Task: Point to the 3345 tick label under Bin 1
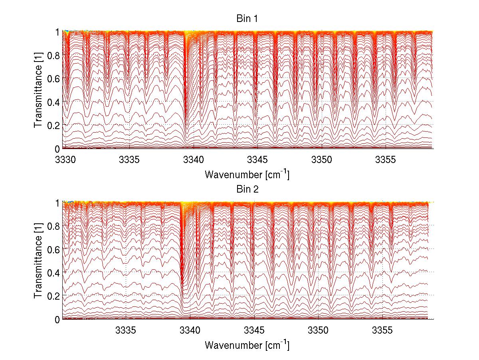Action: coord(257,160)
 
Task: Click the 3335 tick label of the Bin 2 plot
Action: coord(126,331)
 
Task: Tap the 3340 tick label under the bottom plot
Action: coord(190,331)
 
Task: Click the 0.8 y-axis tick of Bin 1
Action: coord(53,55)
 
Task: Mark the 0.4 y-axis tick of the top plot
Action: coord(53,102)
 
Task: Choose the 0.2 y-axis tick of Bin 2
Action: coord(53,296)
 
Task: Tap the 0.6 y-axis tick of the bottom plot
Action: coord(53,249)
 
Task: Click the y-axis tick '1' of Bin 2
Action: coord(57,203)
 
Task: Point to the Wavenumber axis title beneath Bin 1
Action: coord(247,175)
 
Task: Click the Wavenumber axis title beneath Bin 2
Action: coord(247,345)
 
